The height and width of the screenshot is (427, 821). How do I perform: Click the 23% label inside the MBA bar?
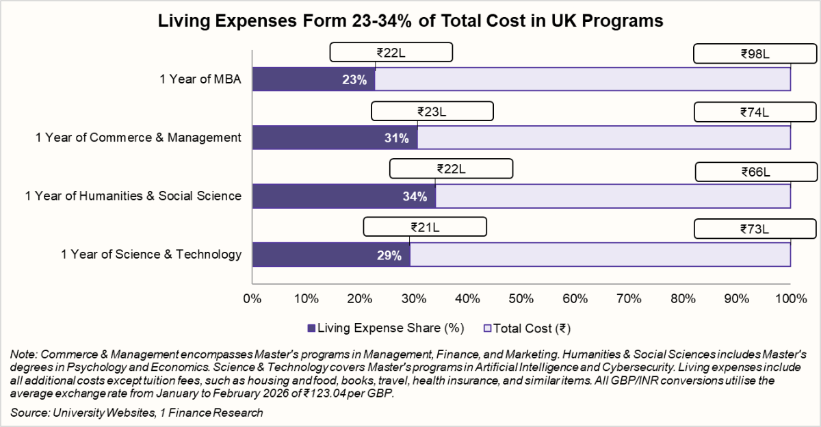(354, 79)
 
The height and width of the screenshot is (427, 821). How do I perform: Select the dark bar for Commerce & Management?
(335, 138)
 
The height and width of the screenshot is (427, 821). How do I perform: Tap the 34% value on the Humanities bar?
(415, 196)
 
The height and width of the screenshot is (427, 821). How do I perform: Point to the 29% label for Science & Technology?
(389, 255)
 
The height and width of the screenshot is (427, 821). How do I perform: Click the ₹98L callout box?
(755, 53)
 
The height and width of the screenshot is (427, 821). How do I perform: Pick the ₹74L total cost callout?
(755, 112)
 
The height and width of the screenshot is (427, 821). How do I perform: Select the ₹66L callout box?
(755, 171)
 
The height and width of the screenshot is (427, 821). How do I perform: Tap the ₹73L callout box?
(755, 229)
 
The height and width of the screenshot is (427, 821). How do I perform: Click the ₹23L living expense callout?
(432, 112)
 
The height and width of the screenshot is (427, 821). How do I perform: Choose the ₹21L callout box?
(425, 226)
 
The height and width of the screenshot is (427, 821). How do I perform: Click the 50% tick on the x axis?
(521, 298)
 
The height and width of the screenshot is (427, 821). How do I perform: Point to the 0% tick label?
(252, 298)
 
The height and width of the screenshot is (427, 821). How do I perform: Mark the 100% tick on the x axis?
(791, 298)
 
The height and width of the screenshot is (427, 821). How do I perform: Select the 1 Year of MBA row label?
(200, 79)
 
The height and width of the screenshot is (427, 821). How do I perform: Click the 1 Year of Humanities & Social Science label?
(133, 196)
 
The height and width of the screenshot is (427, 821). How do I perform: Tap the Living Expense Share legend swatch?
(313, 328)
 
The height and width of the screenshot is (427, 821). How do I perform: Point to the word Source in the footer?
(27, 413)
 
